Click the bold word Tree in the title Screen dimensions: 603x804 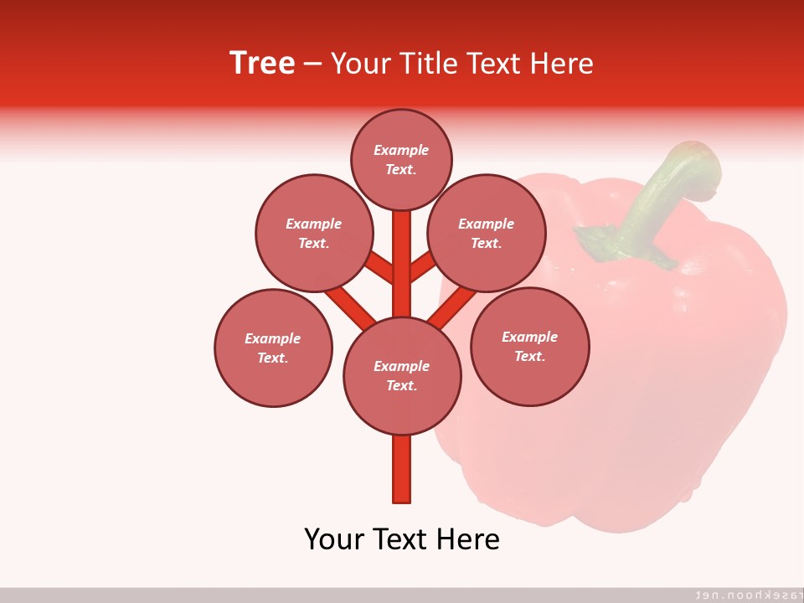click(x=262, y=63)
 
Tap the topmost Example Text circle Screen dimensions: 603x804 click(x=401, y=159)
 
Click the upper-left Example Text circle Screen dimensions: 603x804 click(x=313, y=233)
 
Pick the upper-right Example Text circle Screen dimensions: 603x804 click(x=486, y=233)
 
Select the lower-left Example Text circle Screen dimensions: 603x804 click(x=272, y=348)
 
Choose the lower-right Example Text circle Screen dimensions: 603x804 click(x=529, y=346)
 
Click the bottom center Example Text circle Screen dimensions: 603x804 click(x=402, y=375)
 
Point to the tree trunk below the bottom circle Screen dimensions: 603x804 click(x=402, y=469)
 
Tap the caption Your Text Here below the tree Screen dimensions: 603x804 click(x=402, y=539)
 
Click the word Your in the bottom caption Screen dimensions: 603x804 click(x=334, y=539)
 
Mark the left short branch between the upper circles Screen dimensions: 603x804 click(x=379, y=267)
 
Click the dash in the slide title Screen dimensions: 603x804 click(x=312, y=64)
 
